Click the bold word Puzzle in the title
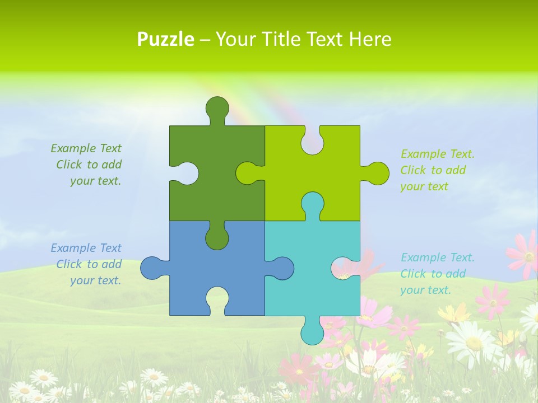165,39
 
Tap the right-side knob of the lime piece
377,173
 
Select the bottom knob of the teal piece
312,332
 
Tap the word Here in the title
370,39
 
